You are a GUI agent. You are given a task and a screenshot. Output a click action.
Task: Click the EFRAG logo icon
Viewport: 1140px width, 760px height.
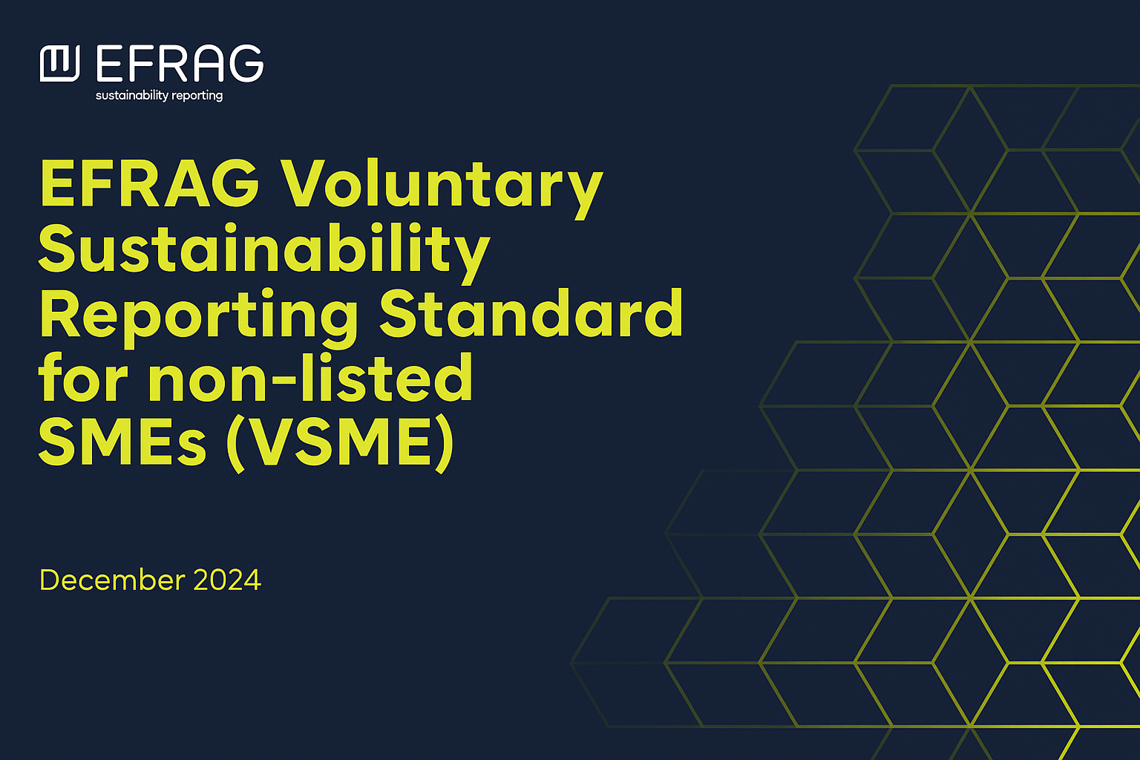60,63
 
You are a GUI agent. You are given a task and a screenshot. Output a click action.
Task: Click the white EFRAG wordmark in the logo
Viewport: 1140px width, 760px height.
180,63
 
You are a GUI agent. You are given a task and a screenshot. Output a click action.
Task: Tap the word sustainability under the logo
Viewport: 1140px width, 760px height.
132,95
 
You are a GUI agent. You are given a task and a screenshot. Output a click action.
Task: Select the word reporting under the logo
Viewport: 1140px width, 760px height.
197,96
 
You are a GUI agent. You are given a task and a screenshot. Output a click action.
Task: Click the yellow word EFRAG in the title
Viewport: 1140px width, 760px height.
150,183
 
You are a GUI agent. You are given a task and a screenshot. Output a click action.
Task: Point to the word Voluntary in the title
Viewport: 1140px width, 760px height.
442,189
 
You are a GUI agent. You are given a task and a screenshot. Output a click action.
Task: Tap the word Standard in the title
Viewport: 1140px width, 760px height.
531,312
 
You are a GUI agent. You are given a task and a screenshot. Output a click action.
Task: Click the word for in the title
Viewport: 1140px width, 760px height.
83,377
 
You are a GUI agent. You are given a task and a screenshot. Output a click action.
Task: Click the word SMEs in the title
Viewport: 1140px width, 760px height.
122,441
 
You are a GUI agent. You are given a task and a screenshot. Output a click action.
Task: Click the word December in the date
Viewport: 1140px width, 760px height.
113,580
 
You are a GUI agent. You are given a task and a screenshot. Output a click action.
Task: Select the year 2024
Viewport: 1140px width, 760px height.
228,580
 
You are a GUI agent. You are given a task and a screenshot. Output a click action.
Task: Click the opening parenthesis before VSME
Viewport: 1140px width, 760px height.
236,444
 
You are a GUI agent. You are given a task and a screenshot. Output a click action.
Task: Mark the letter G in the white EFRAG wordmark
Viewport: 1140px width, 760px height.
246,63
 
